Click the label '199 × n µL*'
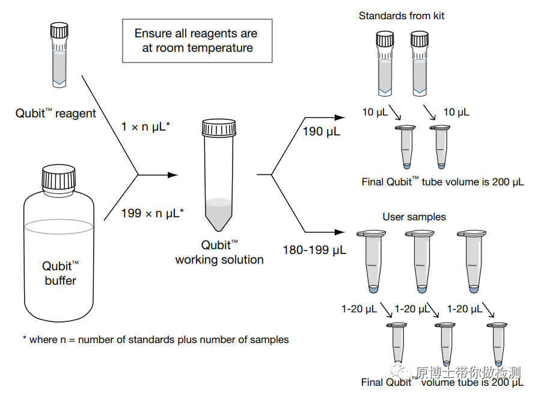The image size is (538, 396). coord(152,212)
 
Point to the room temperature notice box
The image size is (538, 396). coord(197,40)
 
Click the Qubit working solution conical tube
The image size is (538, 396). coord(219,175)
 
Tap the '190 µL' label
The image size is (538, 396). coord(322,131)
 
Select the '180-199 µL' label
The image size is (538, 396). coord(314,250)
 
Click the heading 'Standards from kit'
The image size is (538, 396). coord(402,16)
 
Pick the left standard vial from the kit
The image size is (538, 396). coord(385,63)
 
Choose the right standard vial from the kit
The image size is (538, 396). coord(420,63)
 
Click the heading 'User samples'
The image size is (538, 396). coord(414,217)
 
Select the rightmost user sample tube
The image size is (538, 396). coord(473,262)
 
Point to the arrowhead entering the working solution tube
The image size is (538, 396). coord(174,175)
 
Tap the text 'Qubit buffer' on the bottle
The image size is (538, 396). coord(60,273)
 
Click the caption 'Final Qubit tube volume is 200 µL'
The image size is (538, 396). coord(442,182)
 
